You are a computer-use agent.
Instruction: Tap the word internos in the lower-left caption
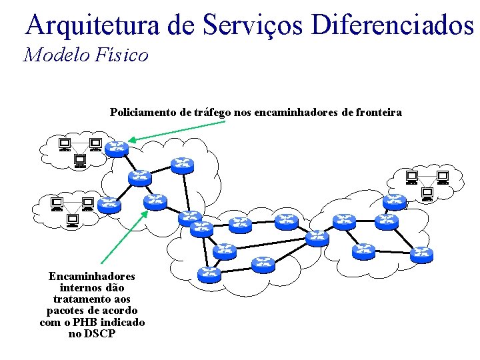(92, 287)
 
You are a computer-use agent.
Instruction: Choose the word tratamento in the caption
(92, 299)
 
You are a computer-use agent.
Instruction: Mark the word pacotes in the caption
(68, 311)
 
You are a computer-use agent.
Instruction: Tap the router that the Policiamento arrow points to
(118, 148)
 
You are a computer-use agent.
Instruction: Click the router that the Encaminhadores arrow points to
(155, 201)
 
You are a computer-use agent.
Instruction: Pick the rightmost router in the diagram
(421, 254)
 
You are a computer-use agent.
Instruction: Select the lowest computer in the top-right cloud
(427, 194)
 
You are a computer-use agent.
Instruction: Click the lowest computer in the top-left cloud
(80, 160)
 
